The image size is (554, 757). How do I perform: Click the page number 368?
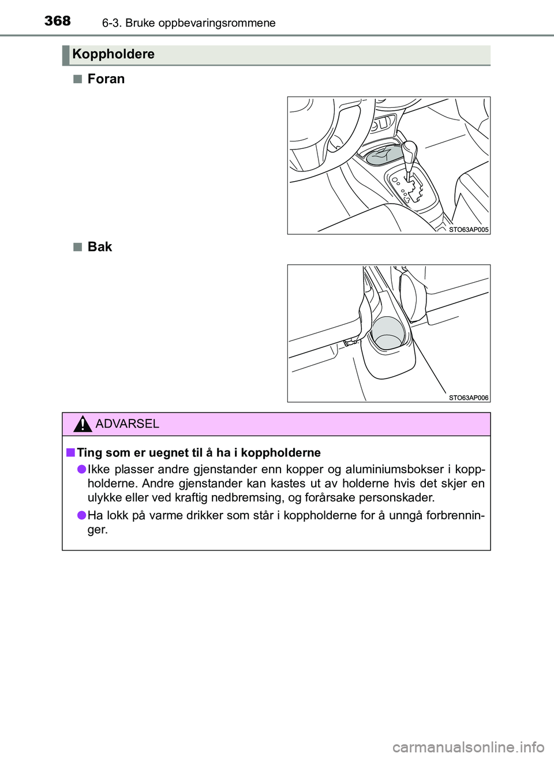[57, 21]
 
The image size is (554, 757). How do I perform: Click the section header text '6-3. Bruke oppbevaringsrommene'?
[189, 23]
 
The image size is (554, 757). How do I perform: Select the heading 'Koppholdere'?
[113, 54]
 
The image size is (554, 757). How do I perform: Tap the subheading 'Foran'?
[106, 79]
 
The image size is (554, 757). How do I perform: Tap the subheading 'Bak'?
[99, 247]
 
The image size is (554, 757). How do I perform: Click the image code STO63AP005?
[468, 230]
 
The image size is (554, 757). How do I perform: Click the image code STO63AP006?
[468, 398]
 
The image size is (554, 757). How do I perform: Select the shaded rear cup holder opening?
[388, 333]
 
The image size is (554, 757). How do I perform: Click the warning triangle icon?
[83, 424]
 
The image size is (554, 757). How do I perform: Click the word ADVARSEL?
[127, 424]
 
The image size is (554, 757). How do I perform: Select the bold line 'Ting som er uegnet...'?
[199, 453]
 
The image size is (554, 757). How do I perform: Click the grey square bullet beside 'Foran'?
[77, 79]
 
